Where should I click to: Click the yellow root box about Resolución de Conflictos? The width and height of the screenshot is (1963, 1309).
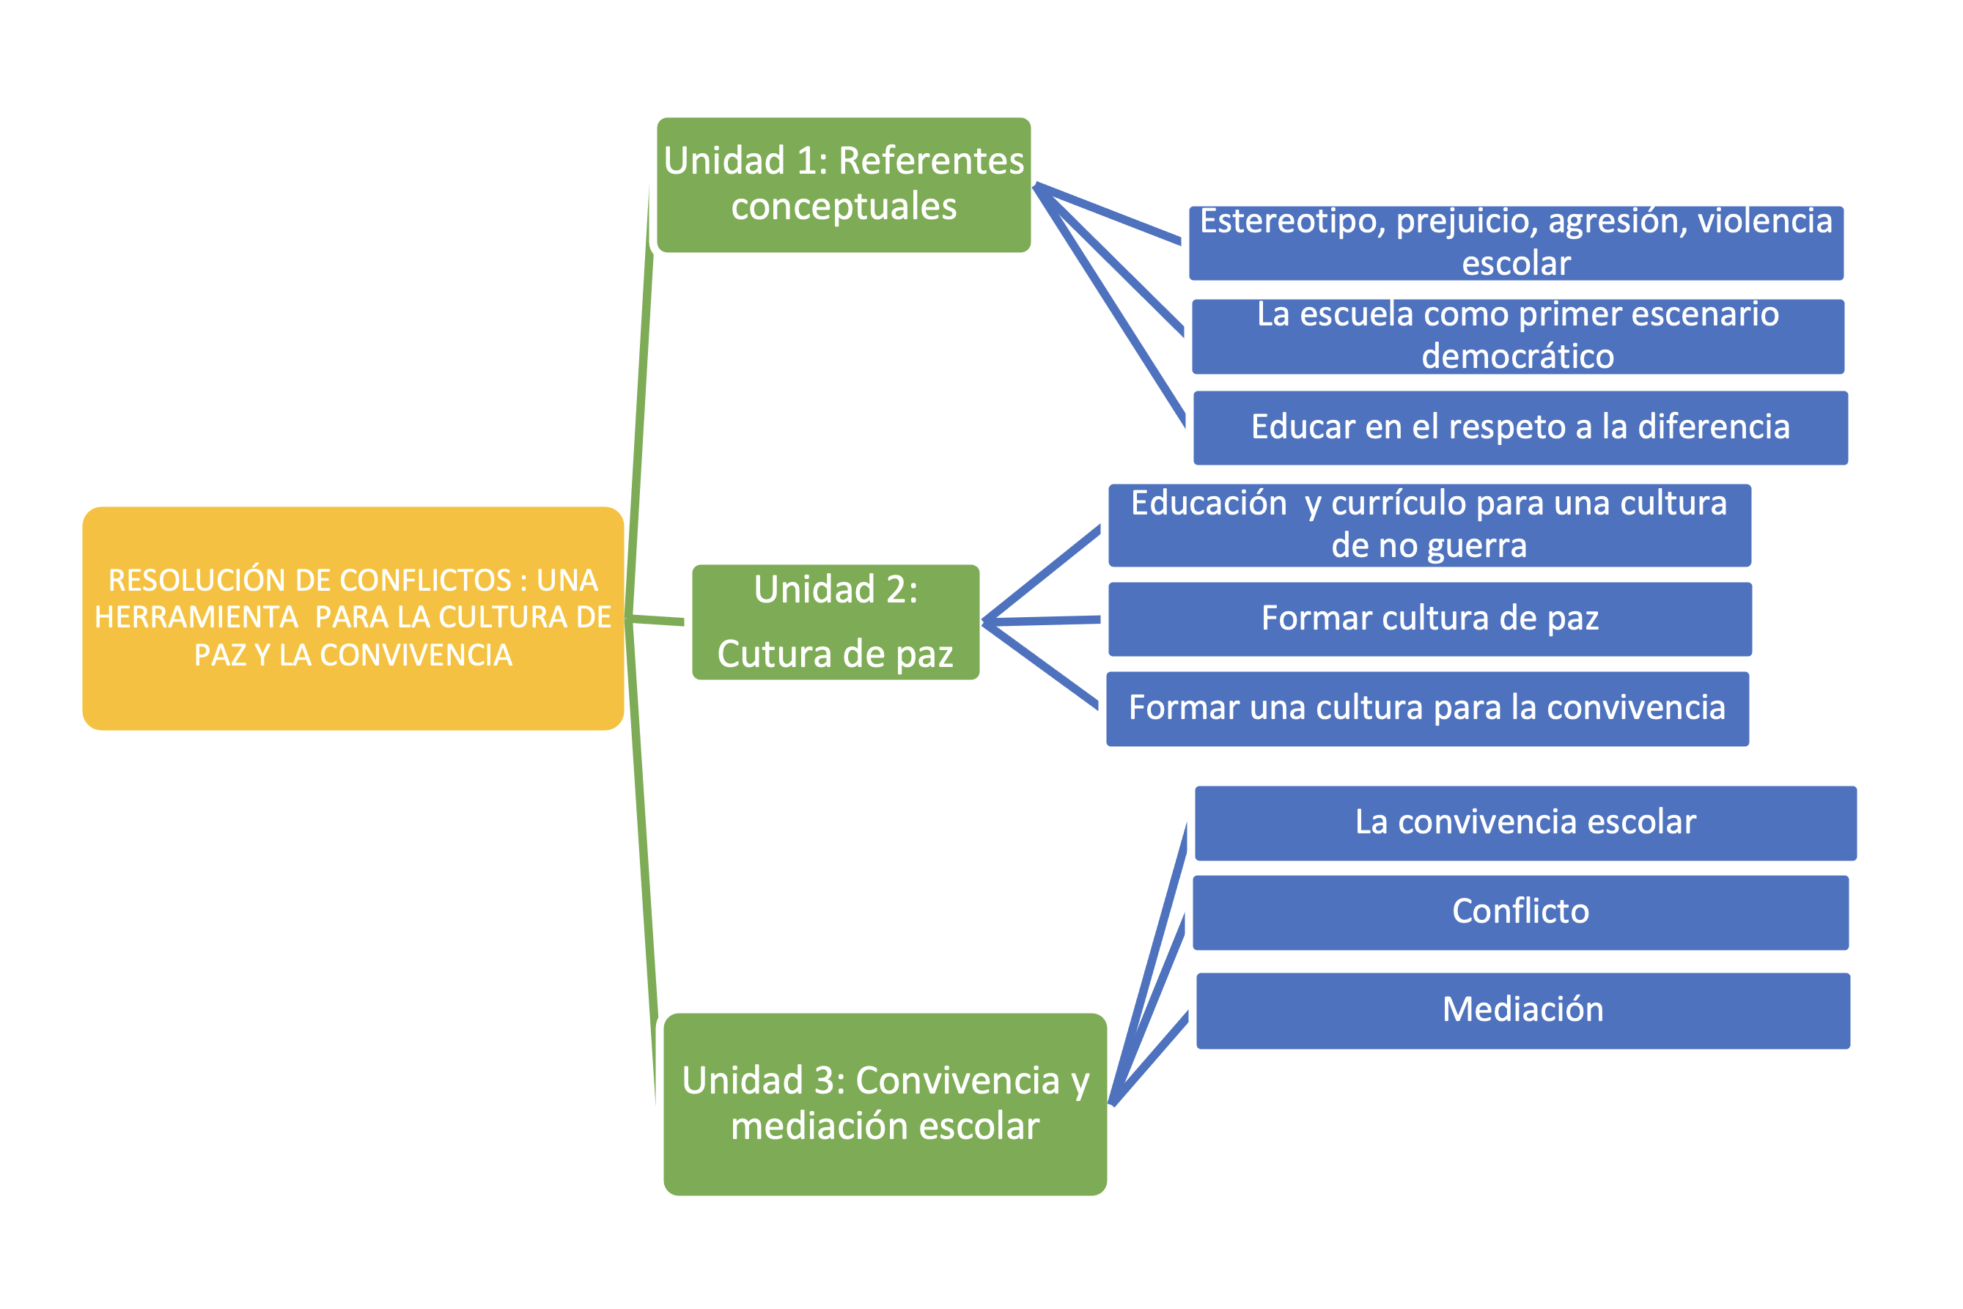[x=353, y=619]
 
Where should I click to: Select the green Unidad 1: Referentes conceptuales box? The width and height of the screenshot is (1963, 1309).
[x=843, y=185]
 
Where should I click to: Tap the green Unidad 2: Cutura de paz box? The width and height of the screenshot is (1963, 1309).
[x=835, y=622]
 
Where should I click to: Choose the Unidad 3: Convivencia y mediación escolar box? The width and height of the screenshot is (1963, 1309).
[x=884, y=1104]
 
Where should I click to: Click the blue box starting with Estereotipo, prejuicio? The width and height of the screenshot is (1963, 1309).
[x=1515, y=243]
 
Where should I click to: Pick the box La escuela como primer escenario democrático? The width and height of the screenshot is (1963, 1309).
[x=1517, y=336]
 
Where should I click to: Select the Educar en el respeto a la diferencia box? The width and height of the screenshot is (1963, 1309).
[x=1520, y=427]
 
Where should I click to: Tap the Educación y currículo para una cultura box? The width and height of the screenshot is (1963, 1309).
[x=1429, y=525]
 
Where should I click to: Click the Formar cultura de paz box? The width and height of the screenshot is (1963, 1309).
[x=1429, y=619]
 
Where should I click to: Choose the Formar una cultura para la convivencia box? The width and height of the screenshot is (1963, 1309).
[x=1427, y=709]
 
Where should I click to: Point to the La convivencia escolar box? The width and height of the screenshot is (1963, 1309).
[x=1525, y=823]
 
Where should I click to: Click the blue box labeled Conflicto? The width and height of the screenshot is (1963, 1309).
[x=1520, y=912]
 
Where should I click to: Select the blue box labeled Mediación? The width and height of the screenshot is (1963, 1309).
[x=1522, y=1010]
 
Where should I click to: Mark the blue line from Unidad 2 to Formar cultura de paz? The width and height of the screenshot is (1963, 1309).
[x=1044, y=620]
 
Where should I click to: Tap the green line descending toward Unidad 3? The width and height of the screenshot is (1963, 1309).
[x=641, y=860]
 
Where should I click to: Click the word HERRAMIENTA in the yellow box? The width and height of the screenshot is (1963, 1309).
[x=196, y=618]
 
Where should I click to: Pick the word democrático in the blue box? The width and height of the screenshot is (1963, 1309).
[x=1517, y=356]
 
